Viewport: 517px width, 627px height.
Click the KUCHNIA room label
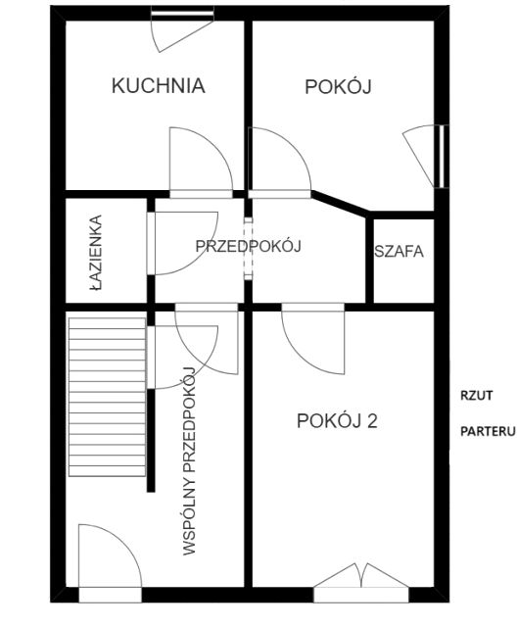pos(158,85)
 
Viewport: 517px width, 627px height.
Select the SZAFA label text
pos(399,251)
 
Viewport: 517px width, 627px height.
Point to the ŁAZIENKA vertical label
pos(95,252)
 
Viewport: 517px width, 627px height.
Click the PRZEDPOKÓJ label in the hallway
pos(247,246)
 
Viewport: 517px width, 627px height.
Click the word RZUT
pos(477,396)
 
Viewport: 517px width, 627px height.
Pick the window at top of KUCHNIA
pos(183,13)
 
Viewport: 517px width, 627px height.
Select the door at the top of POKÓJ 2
pos(312,339)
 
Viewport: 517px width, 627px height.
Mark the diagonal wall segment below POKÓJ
pos(338,201)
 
